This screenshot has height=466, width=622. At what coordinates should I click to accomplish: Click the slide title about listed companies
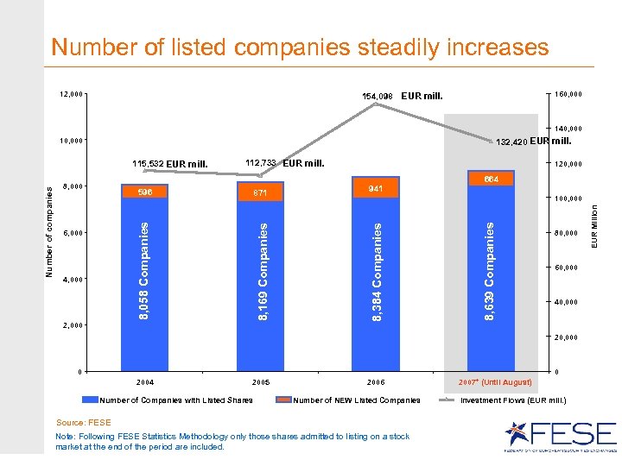(299, 46)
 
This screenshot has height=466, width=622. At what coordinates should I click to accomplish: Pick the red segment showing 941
(376, 189)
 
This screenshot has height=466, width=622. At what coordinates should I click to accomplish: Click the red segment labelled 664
(491, 179)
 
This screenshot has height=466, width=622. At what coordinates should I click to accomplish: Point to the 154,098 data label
(377, 96)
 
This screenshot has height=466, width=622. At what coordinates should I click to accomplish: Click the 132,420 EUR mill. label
(533, 142)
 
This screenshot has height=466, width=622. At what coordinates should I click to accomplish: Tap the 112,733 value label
(260, 162)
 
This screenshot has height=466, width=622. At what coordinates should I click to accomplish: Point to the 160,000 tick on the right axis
(567, 94)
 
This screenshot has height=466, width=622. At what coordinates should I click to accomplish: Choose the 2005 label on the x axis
(261, 381)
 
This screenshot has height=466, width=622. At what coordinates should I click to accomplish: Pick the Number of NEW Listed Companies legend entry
(357, 400)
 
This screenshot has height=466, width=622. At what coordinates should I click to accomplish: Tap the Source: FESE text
(83, 423)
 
